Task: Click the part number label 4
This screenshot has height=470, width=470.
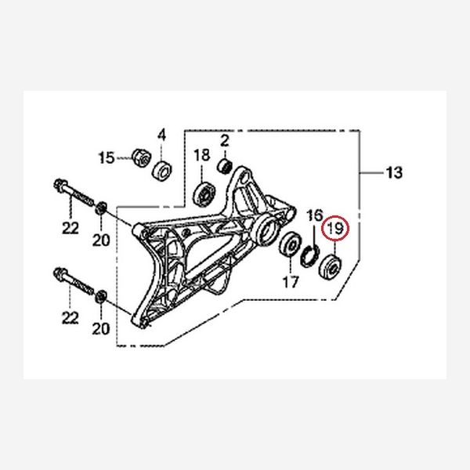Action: click(x=163, y=136)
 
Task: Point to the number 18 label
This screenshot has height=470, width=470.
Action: click(x=201, y=156)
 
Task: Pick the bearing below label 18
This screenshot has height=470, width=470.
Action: click(x=208, y=190)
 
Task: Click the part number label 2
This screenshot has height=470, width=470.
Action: click(x=224, y=141)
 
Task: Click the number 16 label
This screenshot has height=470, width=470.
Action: click(x=314, y=215)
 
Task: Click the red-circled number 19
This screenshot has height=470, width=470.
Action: click(x=336, y=229)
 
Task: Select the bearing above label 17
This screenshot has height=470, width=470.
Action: click(x=289, y=246)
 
